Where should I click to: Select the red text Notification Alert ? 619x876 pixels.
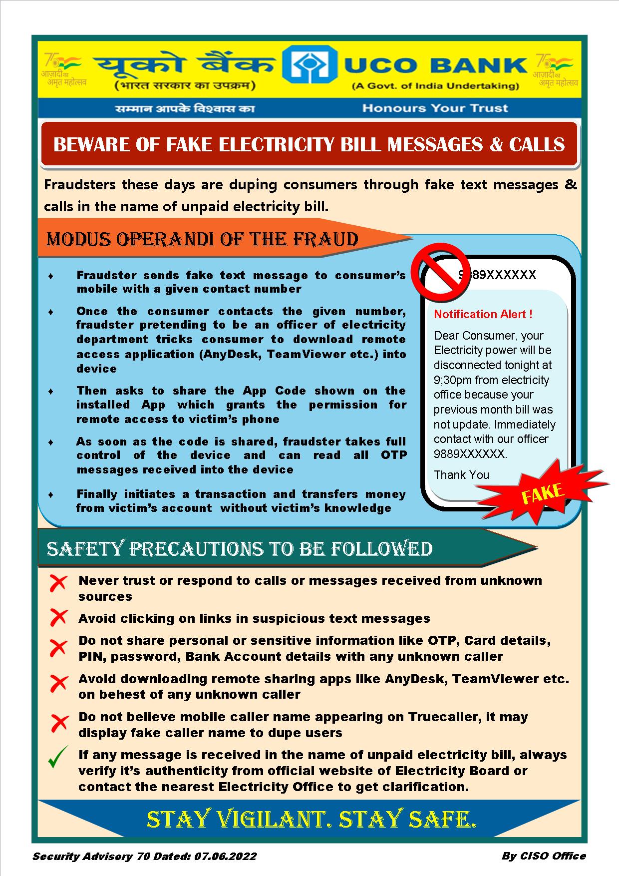click(483, 314)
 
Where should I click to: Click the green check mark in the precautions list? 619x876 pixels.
click(58, 757)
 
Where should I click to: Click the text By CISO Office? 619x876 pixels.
click(543, 856)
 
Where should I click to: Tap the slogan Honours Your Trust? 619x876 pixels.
click(435, 108)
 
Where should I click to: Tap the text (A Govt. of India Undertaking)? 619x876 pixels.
click(435, 86)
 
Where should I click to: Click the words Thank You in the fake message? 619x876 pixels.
click(461, 475)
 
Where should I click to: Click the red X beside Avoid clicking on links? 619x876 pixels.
click(59, 618)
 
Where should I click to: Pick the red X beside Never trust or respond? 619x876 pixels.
click(59, 582)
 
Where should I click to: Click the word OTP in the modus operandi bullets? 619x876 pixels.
click(394, 455)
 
